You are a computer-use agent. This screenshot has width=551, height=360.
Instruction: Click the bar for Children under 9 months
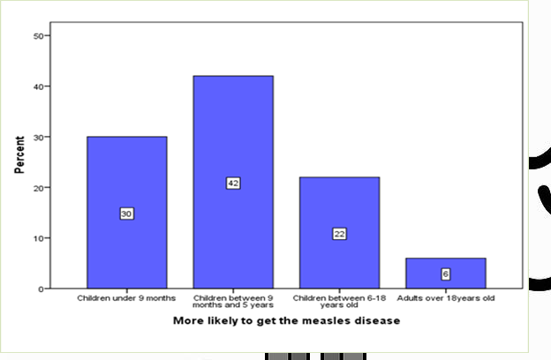[x=126, y=176]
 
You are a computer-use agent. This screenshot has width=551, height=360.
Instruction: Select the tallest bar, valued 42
[x=233, y=132]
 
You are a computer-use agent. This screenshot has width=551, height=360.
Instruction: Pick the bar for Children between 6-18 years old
[x=339, y=203]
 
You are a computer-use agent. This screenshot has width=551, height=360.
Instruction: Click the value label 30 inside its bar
[x=126, y=214]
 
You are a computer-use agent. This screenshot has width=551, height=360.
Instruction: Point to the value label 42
[x=233, y=183]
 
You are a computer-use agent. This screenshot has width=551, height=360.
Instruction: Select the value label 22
[x=339, y=234]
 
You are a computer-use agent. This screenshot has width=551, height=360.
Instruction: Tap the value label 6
[x=446, y=274]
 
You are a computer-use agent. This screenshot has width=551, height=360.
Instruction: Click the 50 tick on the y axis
[x=38, y=36]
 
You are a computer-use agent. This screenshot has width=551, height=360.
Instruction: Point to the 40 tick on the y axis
[x=38, y=86]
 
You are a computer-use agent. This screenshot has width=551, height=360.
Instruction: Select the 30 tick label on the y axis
[x=38, y=137]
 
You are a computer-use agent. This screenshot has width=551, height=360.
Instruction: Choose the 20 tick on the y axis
[x=38, y=188]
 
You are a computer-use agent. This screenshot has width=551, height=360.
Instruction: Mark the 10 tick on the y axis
[x=38, y=238]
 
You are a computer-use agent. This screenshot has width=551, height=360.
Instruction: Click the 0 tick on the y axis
[x=41, y=289]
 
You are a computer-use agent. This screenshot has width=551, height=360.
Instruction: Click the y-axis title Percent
[x=19, y=154]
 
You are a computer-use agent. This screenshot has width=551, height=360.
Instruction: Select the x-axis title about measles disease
[x=286, y=320]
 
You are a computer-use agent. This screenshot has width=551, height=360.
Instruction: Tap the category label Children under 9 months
[x=126, y=298]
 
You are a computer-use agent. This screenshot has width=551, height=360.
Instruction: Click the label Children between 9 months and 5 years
[x=233, y=301]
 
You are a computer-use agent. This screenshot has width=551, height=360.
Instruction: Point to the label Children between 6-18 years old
[x=339, y=301]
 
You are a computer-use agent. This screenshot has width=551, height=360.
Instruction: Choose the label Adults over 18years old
[x=446, y=298]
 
